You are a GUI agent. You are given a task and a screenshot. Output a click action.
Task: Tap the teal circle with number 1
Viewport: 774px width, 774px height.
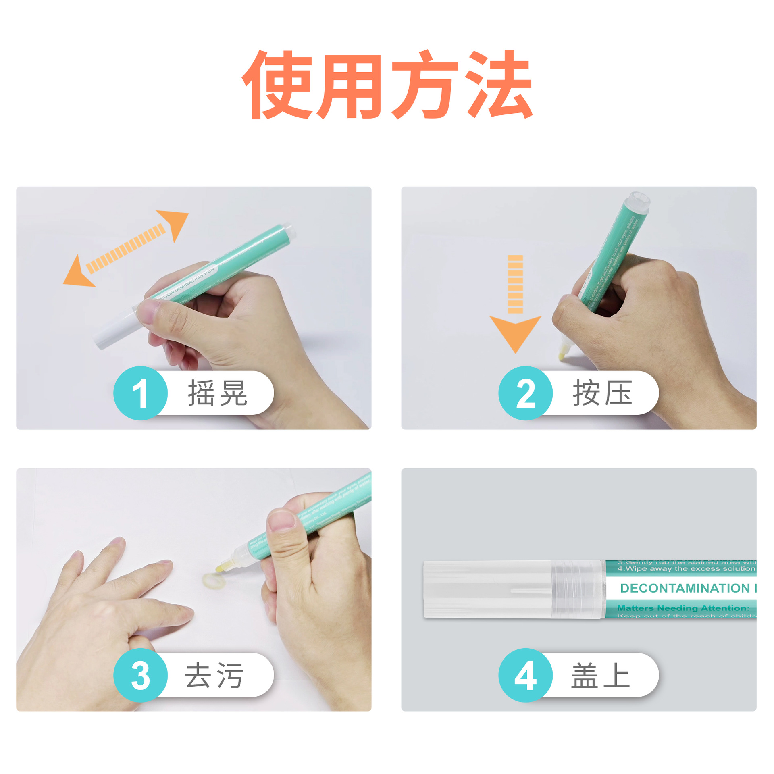[x=140, y=393]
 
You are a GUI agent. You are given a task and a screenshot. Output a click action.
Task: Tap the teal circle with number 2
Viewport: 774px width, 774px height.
[x=525, y=393]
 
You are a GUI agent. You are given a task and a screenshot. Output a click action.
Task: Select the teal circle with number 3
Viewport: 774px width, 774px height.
[x=140, y=675]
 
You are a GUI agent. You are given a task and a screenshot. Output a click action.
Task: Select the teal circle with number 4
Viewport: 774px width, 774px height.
[x=525, y=675]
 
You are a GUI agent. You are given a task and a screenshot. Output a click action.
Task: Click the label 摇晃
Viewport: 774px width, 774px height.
[x=218, y=393]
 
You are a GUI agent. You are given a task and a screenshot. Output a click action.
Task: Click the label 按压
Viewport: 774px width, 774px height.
[x=602, y=393]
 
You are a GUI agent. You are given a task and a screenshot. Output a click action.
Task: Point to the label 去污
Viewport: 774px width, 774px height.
[x=214, y=675]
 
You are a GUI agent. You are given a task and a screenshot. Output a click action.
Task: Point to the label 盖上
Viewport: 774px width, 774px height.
[x=601, y=675]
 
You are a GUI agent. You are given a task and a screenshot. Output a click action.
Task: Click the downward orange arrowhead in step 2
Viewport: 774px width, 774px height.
[x=515, y=331]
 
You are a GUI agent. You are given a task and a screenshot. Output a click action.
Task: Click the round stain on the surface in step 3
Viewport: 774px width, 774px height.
[x=210, y=581]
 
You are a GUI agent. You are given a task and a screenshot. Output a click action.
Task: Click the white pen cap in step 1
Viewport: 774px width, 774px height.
[x=115, y=329]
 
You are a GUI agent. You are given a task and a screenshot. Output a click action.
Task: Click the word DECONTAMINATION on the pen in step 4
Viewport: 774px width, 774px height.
[x=685, y=588]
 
